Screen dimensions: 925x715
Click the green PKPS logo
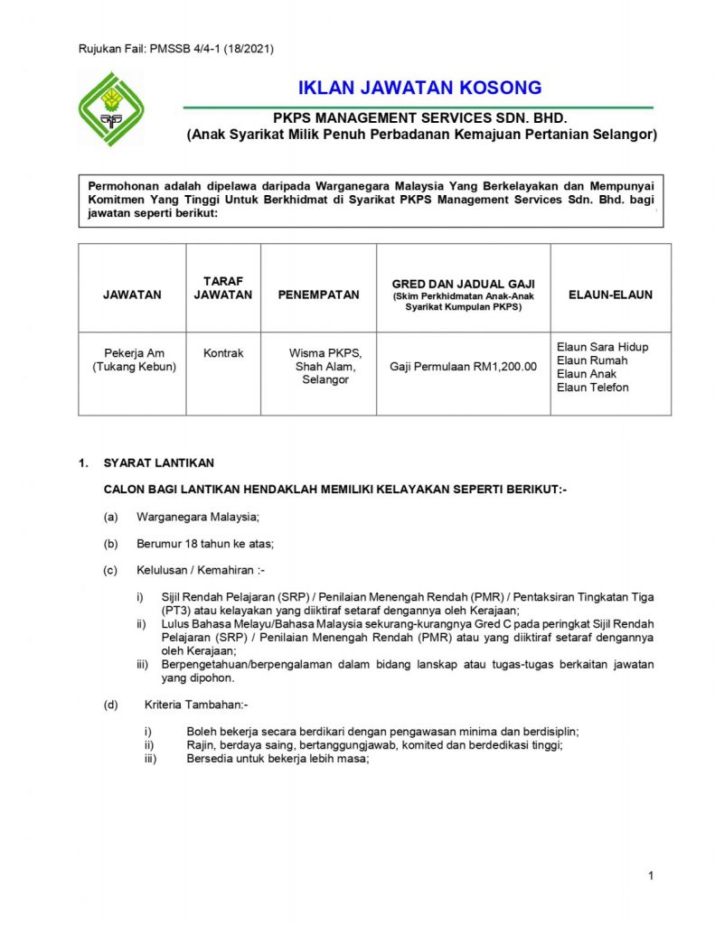pyautogui.click(x=111, y=109)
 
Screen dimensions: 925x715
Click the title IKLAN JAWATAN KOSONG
pyautogui.click(x=419, y=88)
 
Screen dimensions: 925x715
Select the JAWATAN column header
pyautogui.click(x=132, y=294)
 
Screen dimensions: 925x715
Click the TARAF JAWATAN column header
pyautogui.click(x=223, y=287)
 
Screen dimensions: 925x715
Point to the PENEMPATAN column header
pyautogui.click(x=312, y=294)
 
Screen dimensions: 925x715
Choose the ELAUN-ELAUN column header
pyautogui.click(x=610, y=294)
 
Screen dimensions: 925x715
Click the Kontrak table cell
pyautogui.click(x=223, y=353)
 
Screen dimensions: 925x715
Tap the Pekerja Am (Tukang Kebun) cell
pyautogui.click(x=133, y=360)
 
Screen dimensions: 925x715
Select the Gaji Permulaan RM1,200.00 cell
pyautogui.click(x=463, y=367)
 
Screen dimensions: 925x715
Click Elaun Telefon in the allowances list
pyautogui.click(x=593, y=388)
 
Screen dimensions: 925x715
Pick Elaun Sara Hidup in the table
pyautogui.click(x=602, y=347)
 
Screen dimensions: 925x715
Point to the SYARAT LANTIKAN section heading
pyautogui.click(x=159, y=462)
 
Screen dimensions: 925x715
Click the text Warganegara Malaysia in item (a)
pyautogui.click(x=198, y=517)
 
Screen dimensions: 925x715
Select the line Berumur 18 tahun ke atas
pyautogui.click(x=204, y=544)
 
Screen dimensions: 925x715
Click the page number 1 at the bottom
pyautogui.click(x=650, y=875)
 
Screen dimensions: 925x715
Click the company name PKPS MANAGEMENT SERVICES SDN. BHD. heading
pyautogui.click(x=419, y=118)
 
